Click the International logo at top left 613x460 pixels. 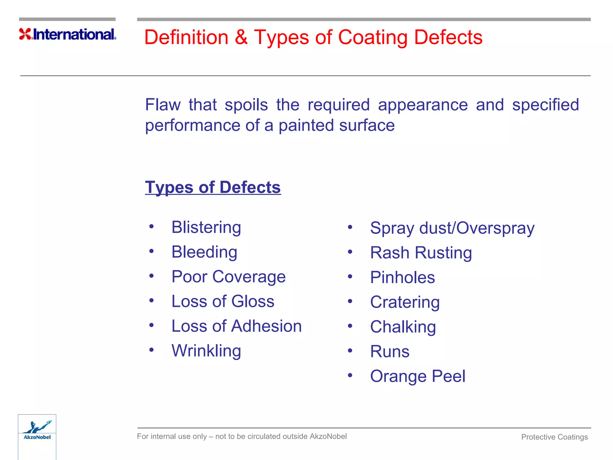68,34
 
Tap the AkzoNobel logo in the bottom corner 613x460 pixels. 37,432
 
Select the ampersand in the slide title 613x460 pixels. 241,37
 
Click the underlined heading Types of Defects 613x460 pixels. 213,187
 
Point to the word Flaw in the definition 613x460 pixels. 163,105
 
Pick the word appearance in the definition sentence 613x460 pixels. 423,105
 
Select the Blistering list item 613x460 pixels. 206,227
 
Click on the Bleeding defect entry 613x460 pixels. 204,252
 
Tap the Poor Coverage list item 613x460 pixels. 228,276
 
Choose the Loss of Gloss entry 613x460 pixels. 223,301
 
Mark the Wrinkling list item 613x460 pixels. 206,351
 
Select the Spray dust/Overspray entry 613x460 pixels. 452,228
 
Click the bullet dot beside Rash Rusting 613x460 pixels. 350,252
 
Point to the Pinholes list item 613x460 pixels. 402,277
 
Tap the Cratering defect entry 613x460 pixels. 405,302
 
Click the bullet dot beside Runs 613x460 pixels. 350,350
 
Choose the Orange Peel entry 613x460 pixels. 418,376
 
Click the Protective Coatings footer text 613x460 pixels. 554,437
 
